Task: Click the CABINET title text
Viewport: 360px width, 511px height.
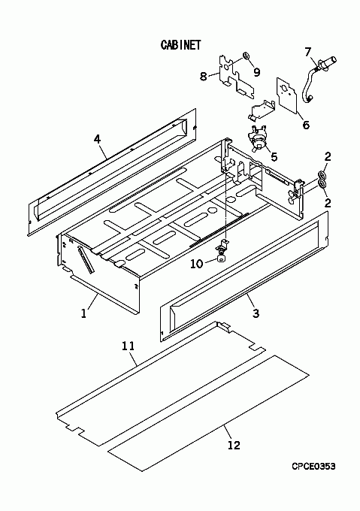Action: [x=181, y=44]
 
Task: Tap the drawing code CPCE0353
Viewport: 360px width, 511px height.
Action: [x=313, y=467]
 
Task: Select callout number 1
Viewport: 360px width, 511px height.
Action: [x=83, y=313]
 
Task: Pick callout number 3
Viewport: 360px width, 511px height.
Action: [x=256, y=313]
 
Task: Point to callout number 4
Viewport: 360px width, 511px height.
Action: [x=97, y=140]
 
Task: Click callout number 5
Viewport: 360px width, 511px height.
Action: [x=274, y=157]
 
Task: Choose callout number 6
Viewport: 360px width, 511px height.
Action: [x=306, y=125]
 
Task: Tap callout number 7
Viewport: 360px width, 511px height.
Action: [x=308, y=52]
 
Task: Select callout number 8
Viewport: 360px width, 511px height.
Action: [x=203, y=77]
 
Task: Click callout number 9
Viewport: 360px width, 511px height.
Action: [x=257, y=72]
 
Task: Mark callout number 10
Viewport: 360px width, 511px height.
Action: [x=196, y=264]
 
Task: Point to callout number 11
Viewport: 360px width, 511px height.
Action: [x=128, y=346]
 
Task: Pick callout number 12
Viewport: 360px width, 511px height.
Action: [x=234, y=445]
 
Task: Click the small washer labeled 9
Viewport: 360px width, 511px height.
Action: [x=247, y=55]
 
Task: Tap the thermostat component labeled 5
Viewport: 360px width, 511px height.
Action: [x=257, y=138]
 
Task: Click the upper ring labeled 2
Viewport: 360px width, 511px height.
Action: [x=321, y=174]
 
